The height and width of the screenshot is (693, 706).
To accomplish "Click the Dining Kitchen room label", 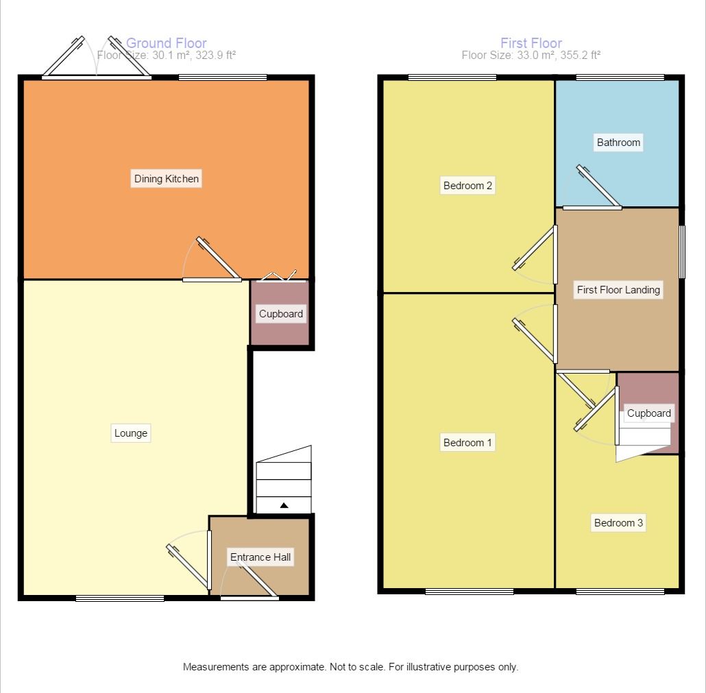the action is point(167,179).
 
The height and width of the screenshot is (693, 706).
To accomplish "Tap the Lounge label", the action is point(131,433).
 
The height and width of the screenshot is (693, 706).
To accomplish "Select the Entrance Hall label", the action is point(260,557).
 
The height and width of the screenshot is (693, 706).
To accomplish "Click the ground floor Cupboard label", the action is point(281,314).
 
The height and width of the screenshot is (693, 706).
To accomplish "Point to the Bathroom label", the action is point(618,143).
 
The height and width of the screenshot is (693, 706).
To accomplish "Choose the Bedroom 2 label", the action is point(468,185).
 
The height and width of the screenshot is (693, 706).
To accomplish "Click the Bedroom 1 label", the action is point(468,443).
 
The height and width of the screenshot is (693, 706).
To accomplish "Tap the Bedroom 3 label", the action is point(618,523).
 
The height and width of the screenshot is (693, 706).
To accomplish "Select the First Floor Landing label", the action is point(618,290).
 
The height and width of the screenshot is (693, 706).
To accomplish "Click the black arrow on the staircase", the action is point(284,506).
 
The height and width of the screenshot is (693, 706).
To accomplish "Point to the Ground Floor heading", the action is point(167,43).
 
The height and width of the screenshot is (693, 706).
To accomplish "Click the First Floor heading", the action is point(531,43).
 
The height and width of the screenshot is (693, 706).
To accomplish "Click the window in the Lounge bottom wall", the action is point(120,598).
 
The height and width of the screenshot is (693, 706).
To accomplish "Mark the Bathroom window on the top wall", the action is point(620,77).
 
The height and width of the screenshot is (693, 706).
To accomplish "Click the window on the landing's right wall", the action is point(681,252).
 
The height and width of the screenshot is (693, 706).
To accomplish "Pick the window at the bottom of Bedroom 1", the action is point(470,592).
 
